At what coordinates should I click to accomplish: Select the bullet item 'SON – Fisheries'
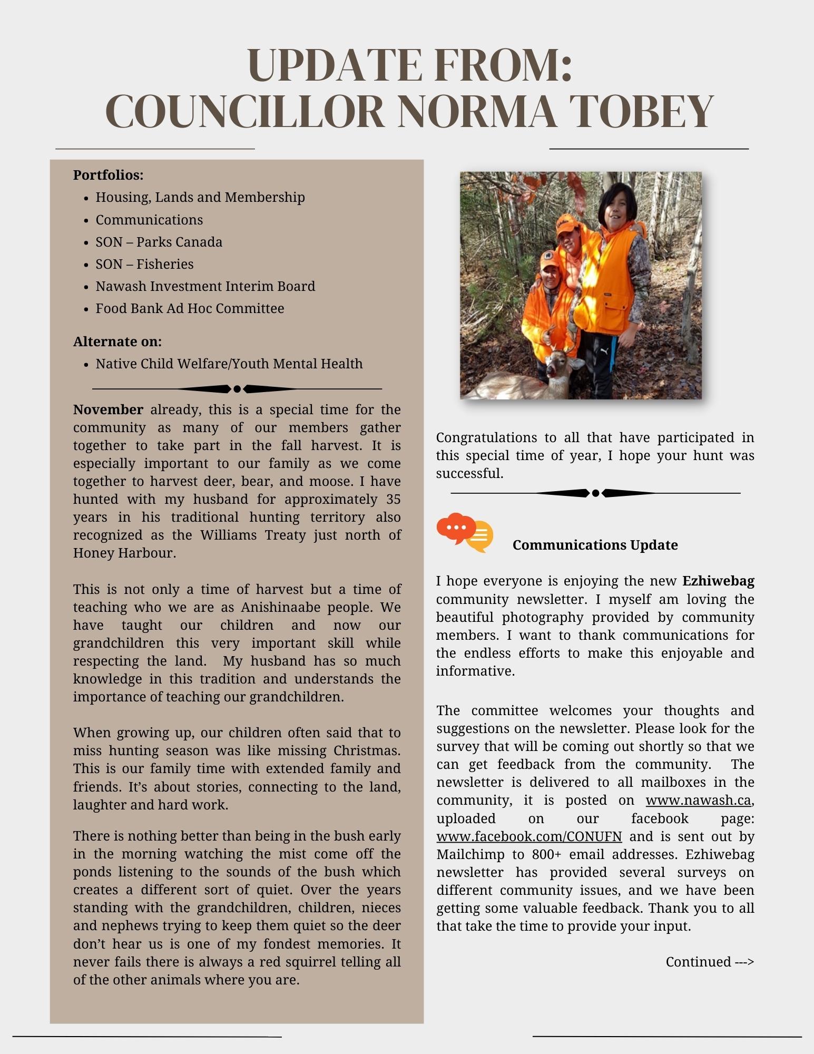[144, 264]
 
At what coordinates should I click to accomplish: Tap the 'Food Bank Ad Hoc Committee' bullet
[189, 308]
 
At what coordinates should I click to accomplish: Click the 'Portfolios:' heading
[108, 175]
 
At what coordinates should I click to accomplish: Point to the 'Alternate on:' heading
[117, 341]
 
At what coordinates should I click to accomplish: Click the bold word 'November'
[108, 409]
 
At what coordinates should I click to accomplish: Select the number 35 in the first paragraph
[393, 499]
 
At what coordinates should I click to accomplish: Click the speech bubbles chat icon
[464, 532]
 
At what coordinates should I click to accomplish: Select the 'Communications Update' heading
[595, 545]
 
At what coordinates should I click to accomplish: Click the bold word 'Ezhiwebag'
[718, 581]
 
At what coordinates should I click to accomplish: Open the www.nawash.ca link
[698, 800]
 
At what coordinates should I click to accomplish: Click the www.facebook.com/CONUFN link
[529, 836]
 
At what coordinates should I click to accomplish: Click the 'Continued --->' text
[710, 962]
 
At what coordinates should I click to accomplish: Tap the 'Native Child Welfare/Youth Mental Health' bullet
[229, 364]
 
